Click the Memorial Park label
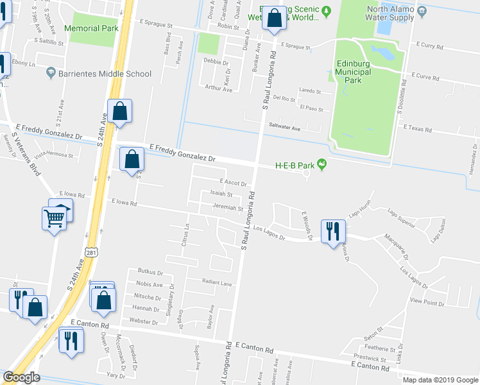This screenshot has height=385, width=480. pos(91,28)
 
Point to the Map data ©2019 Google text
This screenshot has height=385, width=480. pos(440,380)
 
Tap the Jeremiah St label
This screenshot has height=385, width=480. pos(228,209)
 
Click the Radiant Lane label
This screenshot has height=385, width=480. pos(216,282)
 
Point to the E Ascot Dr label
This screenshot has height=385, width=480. pos(232,183)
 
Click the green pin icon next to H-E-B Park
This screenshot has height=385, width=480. pos(322,166)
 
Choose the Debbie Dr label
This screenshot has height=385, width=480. pos(216,62)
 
